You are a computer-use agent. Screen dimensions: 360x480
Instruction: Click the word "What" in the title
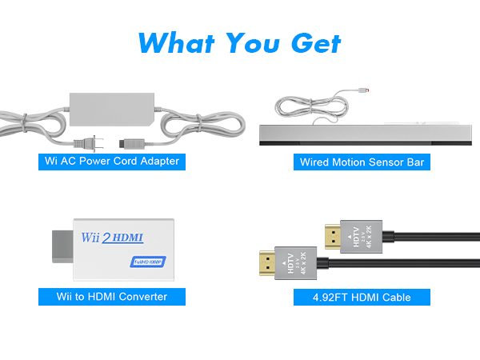(182, 42)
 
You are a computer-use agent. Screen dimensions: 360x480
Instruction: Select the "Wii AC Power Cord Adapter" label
(112, 162)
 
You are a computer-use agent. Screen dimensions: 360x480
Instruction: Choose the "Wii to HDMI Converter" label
(112, 297)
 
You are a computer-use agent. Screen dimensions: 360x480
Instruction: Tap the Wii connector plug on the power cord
(129, 145)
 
